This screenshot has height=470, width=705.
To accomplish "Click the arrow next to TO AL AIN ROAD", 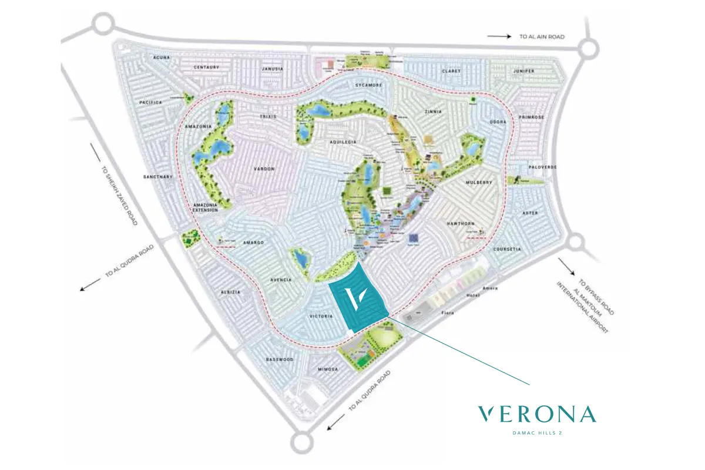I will pos(499,36).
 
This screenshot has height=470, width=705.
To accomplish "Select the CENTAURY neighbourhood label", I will pos(206,68).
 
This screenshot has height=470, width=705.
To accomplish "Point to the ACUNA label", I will pos(161,58).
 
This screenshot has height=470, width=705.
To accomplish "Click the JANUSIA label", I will pos(272,69).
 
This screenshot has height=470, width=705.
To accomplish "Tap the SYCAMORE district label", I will pos(368,85).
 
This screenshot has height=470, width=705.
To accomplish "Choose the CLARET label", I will pos(452,71).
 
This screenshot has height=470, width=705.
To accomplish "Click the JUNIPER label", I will pos(523,71).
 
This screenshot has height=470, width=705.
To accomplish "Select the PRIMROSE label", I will pos(532,117).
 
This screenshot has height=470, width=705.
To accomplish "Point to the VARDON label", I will pos(264,169).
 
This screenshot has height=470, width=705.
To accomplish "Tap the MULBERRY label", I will pos(478,183).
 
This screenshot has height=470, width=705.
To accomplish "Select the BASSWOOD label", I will pos(279,359).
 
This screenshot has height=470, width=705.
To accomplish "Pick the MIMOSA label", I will pos(328,369).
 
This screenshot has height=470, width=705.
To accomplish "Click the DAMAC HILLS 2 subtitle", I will pos(538,435).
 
